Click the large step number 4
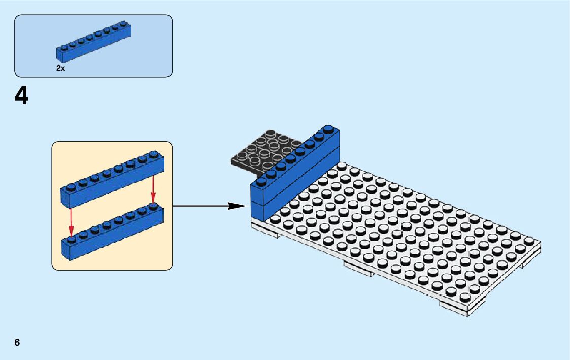[21, 96]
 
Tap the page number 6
[17, 342]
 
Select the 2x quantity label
[60, 68]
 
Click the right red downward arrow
[153, 188]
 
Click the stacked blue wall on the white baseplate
[294, 173]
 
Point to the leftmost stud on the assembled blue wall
[261, 181]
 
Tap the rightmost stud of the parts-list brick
[123, 23]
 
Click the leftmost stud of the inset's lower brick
[71, 238]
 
